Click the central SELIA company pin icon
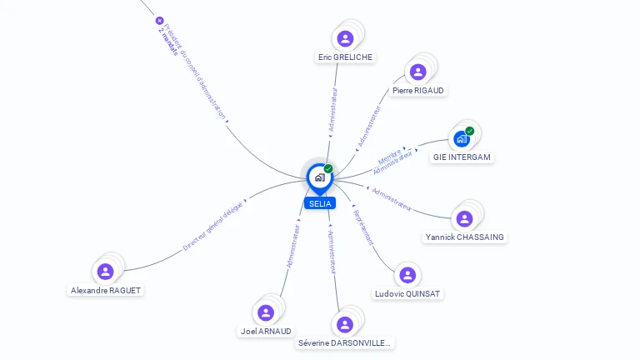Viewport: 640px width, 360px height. coord(319,177)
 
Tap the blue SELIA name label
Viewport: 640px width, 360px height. coord(319,203)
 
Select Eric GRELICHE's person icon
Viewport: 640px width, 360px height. coord(345,38)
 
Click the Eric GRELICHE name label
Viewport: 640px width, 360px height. coord(345,57)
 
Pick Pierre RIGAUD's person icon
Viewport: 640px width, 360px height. coord(417,72)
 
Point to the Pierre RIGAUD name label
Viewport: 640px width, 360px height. coord(418,90)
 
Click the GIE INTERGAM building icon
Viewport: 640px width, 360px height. coord(462,138)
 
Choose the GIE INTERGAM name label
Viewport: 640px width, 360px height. coord(462,157)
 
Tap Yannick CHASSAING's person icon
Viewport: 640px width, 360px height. coord(464,218)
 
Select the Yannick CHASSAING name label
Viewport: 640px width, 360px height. coord(465,237)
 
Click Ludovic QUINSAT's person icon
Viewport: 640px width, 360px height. coord(407,275)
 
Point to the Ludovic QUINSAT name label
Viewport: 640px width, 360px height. coord(408,293)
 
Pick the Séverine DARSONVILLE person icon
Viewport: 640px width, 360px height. coord(343,324)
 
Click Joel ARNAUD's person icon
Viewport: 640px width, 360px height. coord(266,312)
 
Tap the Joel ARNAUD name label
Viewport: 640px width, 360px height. coord(267,331)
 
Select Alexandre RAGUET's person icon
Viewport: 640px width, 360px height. coord(105,272)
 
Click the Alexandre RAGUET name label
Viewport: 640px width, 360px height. coord(106,290)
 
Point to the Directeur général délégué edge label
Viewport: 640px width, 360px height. coord(213,225)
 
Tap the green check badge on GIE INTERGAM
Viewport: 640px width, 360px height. coord(470,131)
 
